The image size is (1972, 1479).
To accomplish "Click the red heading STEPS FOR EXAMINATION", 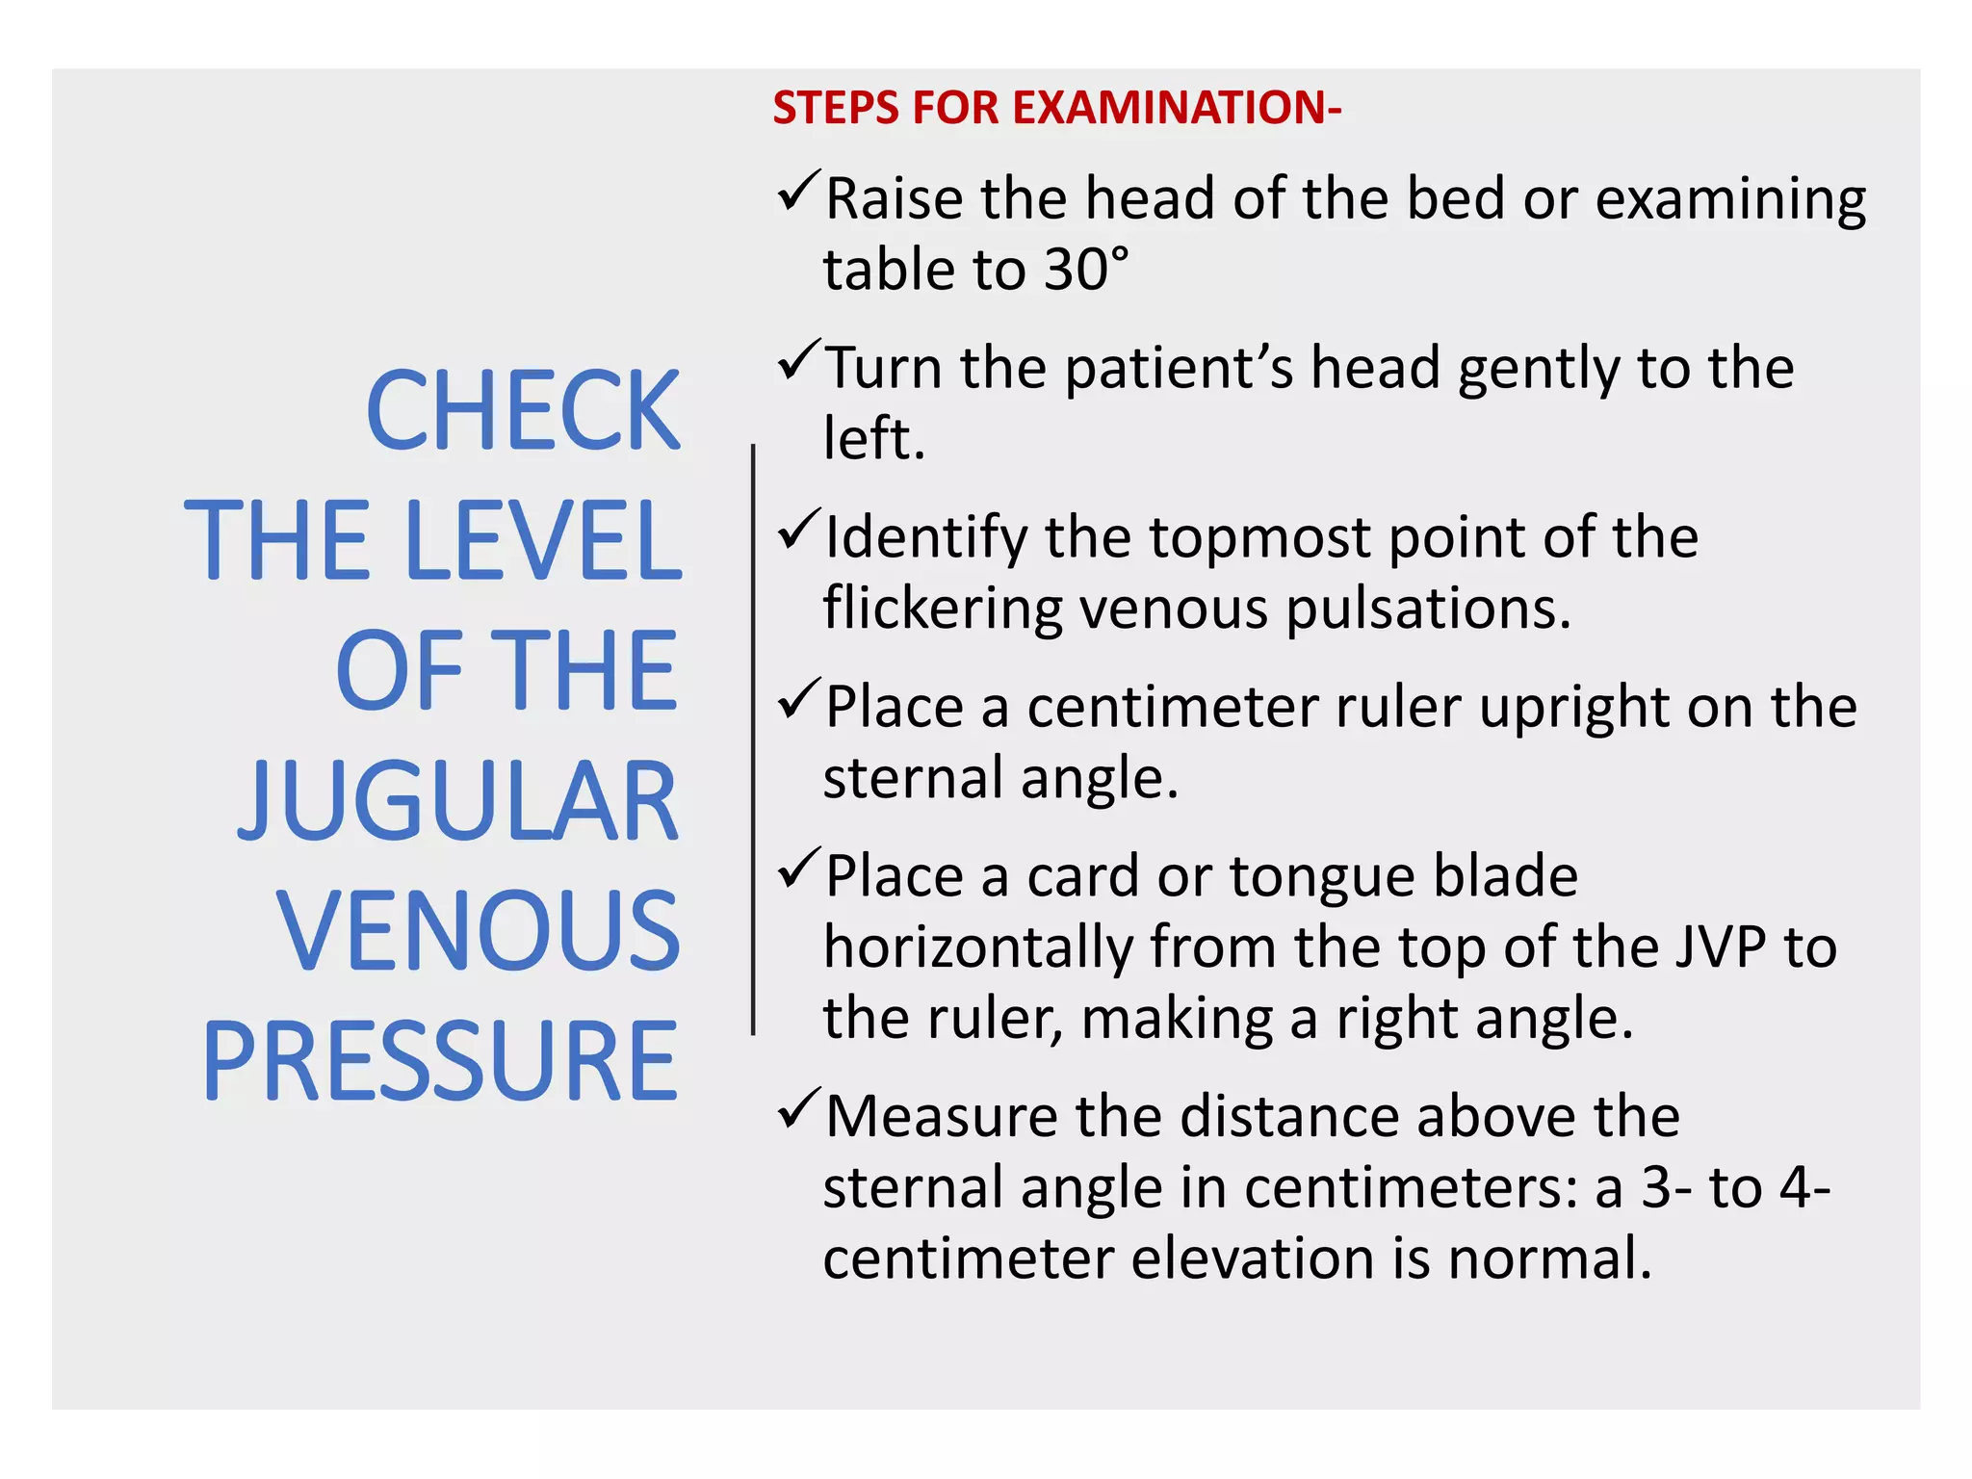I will pyautogui.click(x=1056, y=108).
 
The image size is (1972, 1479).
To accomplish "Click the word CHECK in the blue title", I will pyautogui.click(x=523, y=411).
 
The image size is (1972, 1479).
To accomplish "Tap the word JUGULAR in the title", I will pyautogui.click(x=459, y=801).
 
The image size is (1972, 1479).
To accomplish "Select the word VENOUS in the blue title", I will pyautogui.click(x=479, y=931).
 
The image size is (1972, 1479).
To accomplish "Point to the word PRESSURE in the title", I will pyautogui.click(x=440, y=1061).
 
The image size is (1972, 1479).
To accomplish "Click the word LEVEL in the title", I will pyautogui.click(x=544, y=541).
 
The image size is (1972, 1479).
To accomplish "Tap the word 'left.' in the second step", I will pyautogui.click(x=873, y=439).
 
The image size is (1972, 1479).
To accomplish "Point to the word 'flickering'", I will pyautogui.click(x=943, y=610).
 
